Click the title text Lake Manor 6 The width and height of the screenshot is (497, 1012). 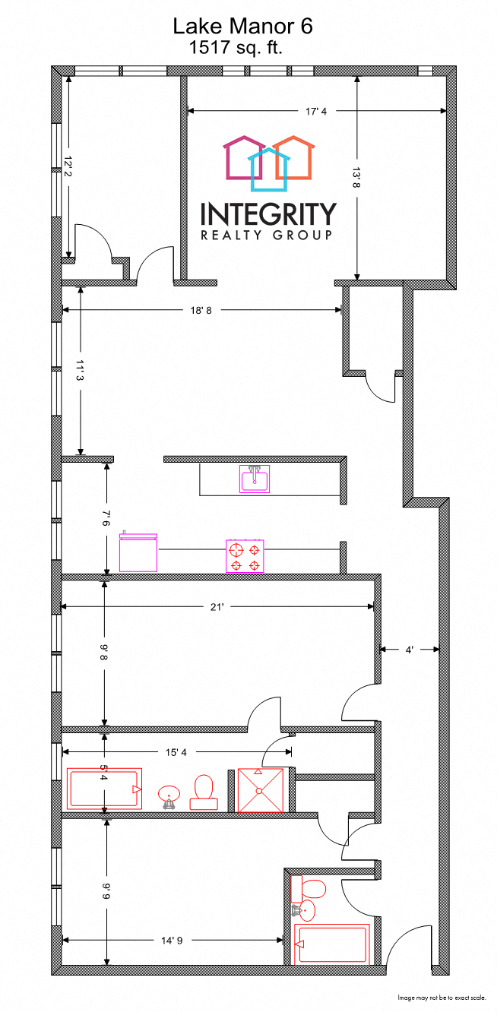click(242, 27)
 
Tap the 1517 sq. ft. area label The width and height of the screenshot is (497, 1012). click(241, 48)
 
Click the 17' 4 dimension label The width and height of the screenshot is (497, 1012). click(316, 112)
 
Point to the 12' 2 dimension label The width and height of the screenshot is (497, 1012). click(68, 167)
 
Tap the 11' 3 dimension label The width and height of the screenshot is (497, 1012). click(81, 372)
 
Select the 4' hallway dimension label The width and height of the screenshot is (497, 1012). click(409, 650)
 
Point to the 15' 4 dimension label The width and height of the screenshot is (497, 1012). click(176, 752)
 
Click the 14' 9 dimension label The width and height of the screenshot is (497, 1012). click(170, 941)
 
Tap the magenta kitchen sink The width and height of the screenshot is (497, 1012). click(255, 479)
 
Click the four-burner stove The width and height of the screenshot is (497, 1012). click(245, 555)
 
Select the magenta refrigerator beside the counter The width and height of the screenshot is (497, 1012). click(138, 552)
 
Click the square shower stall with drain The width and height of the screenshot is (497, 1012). click(260, 790)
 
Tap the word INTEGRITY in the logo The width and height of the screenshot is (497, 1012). click(267, 213)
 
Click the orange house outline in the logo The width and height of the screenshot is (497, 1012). click(294, 158)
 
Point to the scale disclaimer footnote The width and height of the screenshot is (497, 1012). click(442, 997)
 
